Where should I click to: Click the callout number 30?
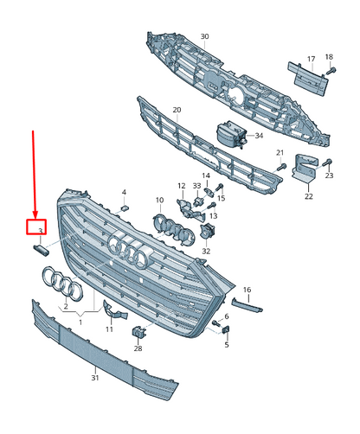tap(204, 36)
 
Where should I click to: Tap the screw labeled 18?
tap(331, 70)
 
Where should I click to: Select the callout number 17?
tap(311, 59)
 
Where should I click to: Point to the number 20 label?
tap(177, 110)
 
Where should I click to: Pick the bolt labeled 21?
tap(281, 167)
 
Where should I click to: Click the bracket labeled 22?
tap(305, 168)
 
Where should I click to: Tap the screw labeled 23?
tap(326, 163)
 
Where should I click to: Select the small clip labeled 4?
tap(125, 207)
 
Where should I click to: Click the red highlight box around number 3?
tap(36, 227)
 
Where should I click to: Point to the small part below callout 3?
tap(41, 249)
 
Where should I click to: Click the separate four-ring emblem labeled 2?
tap(62, 284)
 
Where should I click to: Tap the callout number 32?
tap(206, 251)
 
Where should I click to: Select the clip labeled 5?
tap(226, 329)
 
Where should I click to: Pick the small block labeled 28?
tap(138, 331)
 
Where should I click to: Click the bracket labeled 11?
tap(114, 310)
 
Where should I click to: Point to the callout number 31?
tap(95, 378)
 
